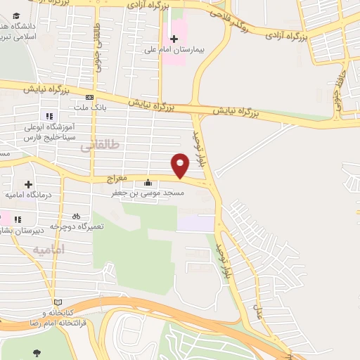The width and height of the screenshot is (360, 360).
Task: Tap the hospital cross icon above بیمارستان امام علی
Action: point(174,37)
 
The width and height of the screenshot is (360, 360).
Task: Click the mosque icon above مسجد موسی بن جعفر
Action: point(147,180)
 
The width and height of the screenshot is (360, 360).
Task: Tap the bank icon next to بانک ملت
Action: point(90,97)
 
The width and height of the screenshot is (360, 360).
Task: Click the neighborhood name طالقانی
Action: point(101,145)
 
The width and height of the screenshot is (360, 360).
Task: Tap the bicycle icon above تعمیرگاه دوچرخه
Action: point(76,216)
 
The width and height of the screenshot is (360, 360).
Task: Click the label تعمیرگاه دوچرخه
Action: point(79,226)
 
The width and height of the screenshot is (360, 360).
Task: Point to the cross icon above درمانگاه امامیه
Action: point(27,184)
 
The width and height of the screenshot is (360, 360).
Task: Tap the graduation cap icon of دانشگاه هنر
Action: point(15,15)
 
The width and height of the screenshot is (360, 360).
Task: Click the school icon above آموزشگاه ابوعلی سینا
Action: point(49,116)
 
